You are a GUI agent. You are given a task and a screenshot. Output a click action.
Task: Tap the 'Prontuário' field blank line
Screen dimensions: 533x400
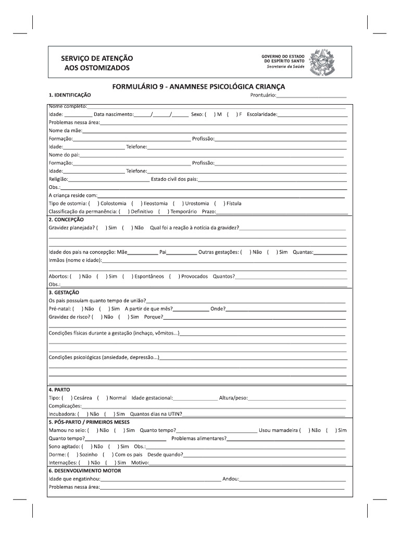(x=311, y=96)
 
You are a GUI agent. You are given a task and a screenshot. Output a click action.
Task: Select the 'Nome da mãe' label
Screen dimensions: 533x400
(x=62, y=130)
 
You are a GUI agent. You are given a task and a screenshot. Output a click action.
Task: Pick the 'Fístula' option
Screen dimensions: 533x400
(x=218, y=204)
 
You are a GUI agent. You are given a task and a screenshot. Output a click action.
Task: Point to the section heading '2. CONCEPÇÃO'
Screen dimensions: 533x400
(x=66, y=220)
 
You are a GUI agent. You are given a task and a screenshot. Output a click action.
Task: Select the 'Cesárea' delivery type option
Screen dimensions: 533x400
(x=73, y=398)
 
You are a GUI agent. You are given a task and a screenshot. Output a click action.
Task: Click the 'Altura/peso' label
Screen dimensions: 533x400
(x=233, y=398)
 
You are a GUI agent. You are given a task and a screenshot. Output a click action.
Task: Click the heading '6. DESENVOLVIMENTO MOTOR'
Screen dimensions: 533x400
(x=84, y=471)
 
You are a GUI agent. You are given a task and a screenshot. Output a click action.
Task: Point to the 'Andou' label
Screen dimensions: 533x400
(x=230, y=479)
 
